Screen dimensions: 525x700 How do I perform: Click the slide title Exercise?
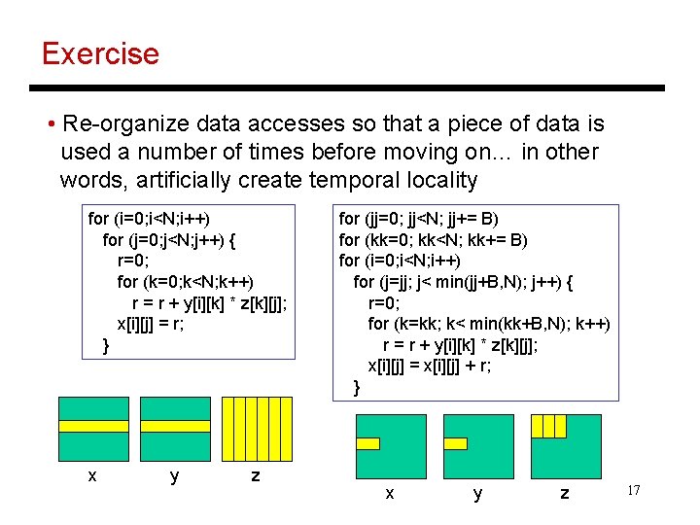100,52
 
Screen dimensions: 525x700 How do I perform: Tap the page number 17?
633,491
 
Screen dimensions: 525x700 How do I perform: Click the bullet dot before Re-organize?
50,124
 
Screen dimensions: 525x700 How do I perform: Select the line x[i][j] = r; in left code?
151,324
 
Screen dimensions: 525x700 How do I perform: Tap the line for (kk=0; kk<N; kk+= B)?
433,239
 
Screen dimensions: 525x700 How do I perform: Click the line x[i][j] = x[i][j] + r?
429,366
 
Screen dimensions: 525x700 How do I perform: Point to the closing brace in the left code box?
106,345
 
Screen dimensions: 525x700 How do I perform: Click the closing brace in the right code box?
357,387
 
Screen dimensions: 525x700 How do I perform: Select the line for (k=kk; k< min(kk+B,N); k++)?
488,323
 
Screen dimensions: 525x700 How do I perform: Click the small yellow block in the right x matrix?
367,443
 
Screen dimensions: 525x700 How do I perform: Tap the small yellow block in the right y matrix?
454,443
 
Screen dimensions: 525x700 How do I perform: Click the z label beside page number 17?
564,494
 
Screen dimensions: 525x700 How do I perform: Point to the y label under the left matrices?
174,475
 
